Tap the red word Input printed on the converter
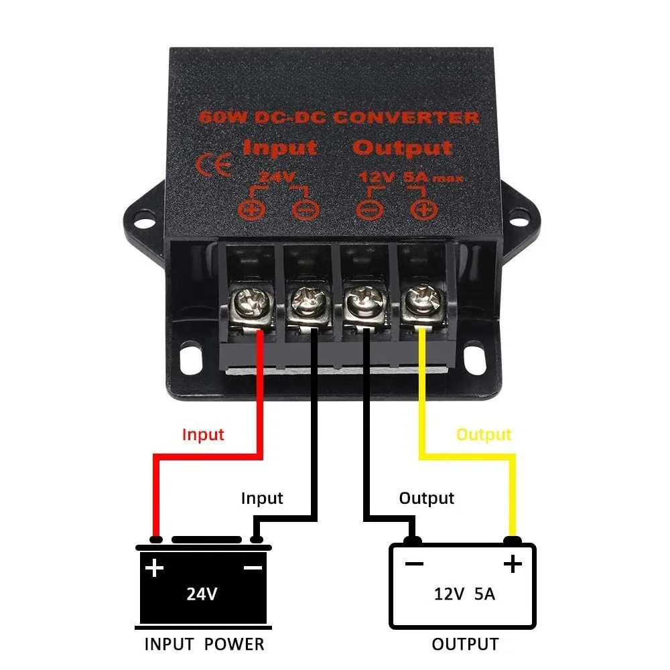[279, 147]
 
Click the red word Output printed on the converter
[402, 147]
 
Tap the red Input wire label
[203, 435]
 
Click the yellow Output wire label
[484, 435]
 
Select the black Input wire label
[262, 498]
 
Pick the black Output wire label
[426, 498]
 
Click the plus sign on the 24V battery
[155, 569]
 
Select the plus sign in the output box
[513, 564]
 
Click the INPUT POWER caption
[204, 645]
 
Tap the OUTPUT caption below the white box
[464, 645]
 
